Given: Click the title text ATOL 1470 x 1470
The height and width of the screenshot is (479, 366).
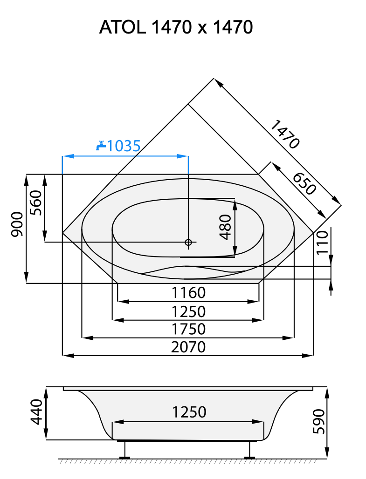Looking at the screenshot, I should click(176, 28).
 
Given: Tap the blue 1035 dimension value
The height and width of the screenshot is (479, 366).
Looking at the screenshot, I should click(124, 146).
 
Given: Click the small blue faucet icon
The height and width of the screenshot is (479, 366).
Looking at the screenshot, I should click(100, 146).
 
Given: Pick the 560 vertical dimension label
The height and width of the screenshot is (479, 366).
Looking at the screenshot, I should click(36, 203).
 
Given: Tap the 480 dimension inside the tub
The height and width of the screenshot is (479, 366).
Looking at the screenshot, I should click(225, 227).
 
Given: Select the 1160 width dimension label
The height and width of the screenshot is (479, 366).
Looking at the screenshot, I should click(188, 293).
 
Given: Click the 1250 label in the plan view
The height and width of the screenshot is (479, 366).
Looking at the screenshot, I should click(188, 311).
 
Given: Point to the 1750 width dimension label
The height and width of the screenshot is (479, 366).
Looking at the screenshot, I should click(188, 329).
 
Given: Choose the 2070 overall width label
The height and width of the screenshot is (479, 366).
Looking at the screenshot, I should click(188, 347).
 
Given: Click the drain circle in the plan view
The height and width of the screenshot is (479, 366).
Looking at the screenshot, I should click(188, 242).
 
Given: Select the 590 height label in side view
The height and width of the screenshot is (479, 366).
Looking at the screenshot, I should click(318, 421).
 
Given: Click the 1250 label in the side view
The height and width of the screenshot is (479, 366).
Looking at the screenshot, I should click(189, 412).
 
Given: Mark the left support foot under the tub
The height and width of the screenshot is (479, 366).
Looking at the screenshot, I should click(124, 450).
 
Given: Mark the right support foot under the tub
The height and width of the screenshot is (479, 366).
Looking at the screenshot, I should click(250, 450).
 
